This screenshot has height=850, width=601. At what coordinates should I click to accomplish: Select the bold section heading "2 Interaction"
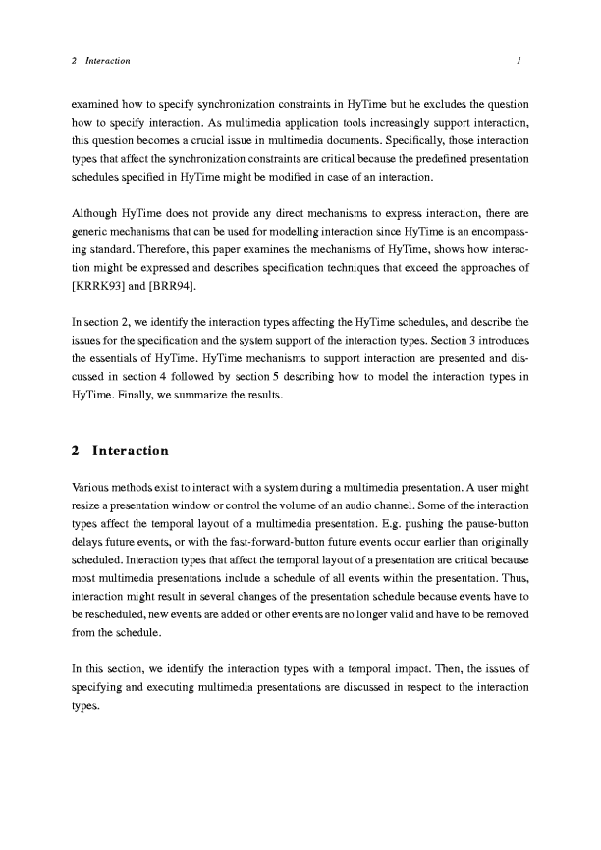pos(120,452)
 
